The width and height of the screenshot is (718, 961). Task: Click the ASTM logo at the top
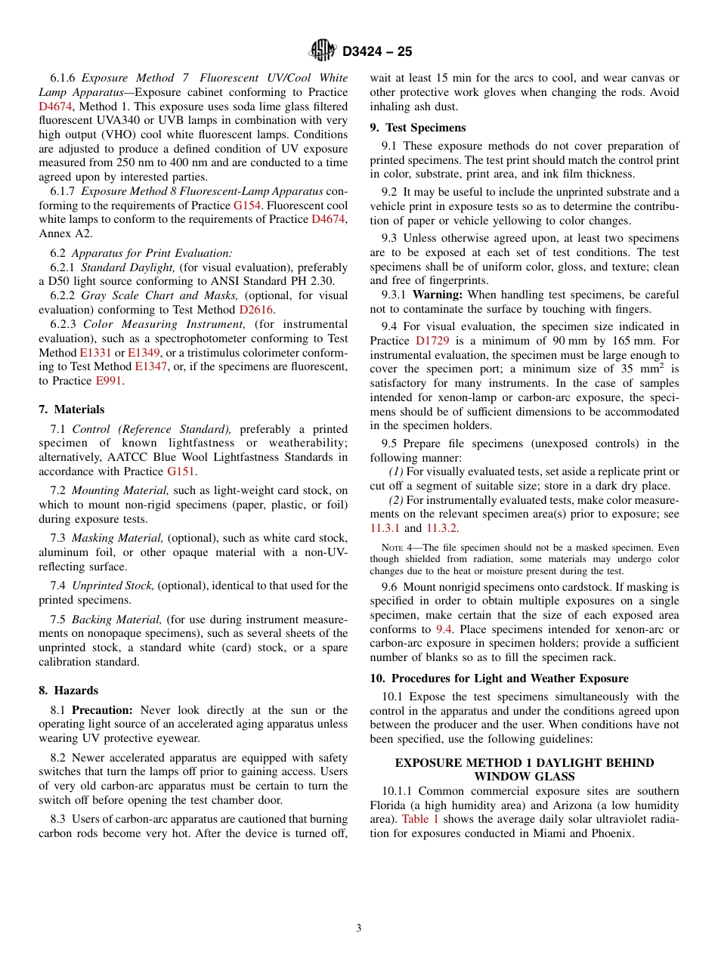point(323,51)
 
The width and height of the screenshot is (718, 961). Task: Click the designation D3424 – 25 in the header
point(377,51)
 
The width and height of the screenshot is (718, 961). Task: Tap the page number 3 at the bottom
point(359,929)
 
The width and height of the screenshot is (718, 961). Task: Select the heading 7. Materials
point(72,409)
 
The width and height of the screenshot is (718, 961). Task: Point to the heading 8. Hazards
point(69,691)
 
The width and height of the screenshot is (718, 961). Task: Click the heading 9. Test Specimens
point(418,128)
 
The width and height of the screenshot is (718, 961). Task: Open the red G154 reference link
point(246,205)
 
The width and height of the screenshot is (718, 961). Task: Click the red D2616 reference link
point(255,310)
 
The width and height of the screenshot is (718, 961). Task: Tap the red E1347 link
point(150,366)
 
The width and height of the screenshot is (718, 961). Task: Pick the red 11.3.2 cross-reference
point(442,529)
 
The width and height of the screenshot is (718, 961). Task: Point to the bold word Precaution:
point(102,710)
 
